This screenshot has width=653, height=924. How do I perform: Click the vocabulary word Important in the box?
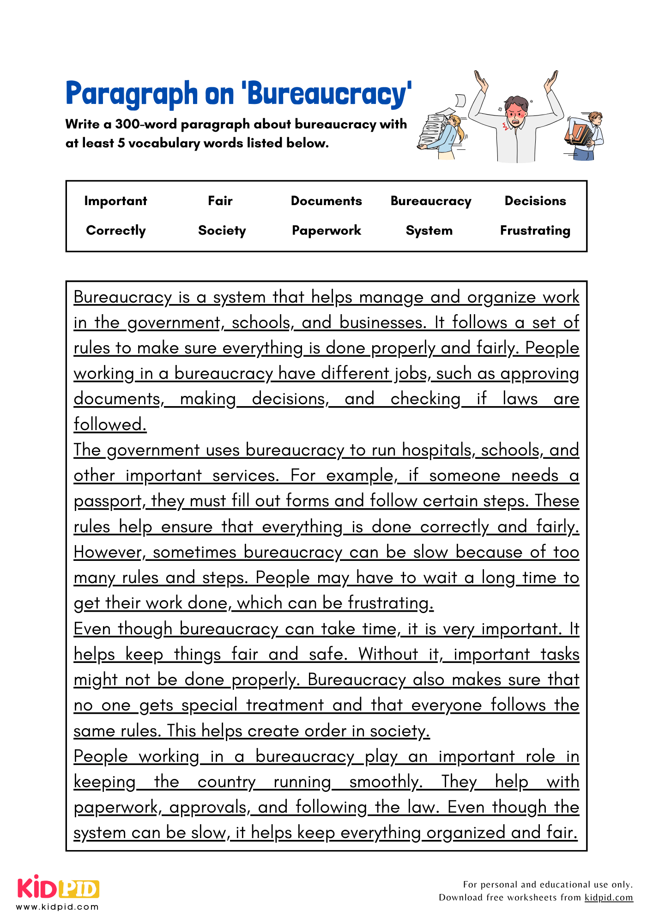pos(115,201)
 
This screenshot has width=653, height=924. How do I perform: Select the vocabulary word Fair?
pos(220,201)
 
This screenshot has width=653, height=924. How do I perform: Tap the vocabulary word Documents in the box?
pos(326,201)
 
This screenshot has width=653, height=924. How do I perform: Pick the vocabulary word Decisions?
pos(535,201)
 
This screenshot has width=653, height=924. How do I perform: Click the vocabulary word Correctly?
pos(116,231)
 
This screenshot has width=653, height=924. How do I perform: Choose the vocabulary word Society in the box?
pos(222,231)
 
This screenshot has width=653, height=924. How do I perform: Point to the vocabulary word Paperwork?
pos(326,231)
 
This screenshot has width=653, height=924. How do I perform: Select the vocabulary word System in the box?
pos(429,231)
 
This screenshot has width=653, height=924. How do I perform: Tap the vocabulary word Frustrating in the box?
pos(535,231)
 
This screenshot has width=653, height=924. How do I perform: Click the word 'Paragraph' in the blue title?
pos(132,94)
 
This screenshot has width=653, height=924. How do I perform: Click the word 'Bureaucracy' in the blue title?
pos(328,94)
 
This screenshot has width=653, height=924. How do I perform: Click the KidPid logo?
pos(58,888)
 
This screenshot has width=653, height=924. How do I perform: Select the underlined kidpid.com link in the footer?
pos(608,897)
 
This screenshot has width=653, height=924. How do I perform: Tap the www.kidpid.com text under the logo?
pos(57,906)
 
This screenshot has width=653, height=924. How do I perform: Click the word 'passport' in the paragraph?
pos(108,501)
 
